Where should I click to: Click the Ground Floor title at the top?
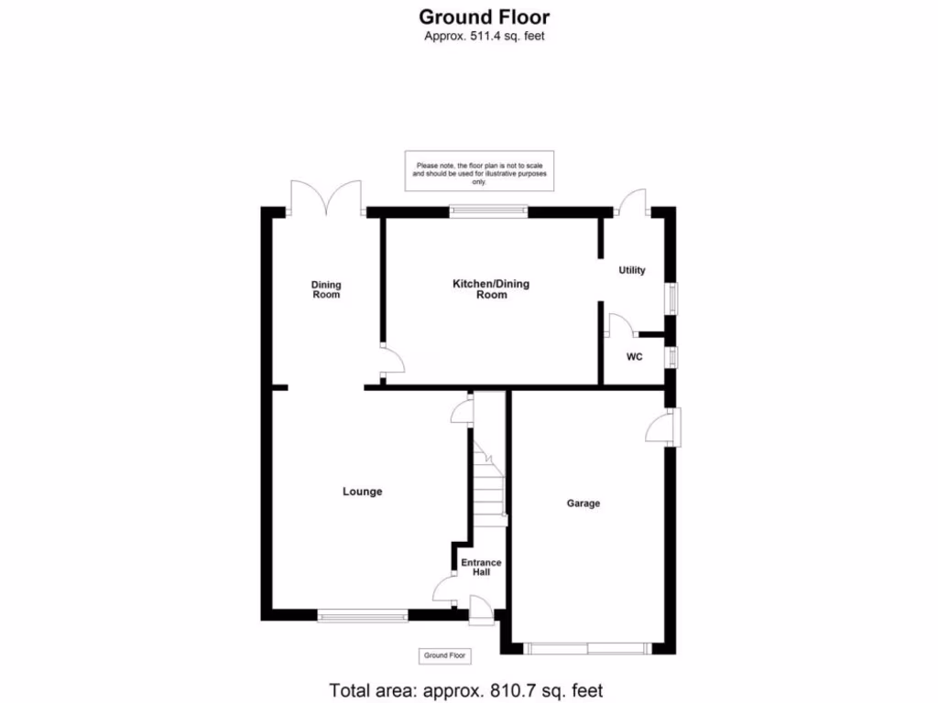point(484,16)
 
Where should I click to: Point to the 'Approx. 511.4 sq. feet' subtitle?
point(485,37)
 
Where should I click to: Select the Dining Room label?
point(326,289)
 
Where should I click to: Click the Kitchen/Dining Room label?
point(491,289)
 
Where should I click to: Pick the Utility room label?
point(632,270)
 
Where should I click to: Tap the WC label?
point(634,357)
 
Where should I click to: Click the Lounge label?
point(362,492)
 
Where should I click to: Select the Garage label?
point(584,503)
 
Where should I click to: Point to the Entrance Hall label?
point(481,567)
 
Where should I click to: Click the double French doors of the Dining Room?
point(325,198)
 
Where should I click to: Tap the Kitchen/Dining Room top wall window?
point(489,211)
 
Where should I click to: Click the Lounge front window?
point(363,617)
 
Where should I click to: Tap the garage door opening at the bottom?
point(589,649)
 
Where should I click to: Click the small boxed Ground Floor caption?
point(445,655)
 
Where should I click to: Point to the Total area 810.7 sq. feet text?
point(466,690)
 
